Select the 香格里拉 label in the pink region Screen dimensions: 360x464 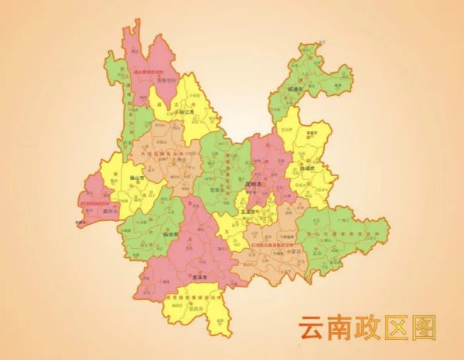(x=167, y=80)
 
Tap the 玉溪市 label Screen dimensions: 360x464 (x=247, y=209)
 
